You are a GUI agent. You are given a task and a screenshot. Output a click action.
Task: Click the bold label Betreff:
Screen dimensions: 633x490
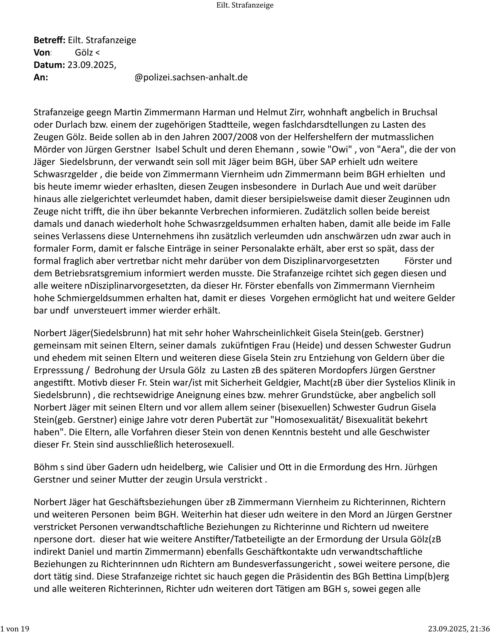pos(50,40)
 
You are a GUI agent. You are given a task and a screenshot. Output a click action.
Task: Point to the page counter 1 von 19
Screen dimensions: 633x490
pos(15,628)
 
